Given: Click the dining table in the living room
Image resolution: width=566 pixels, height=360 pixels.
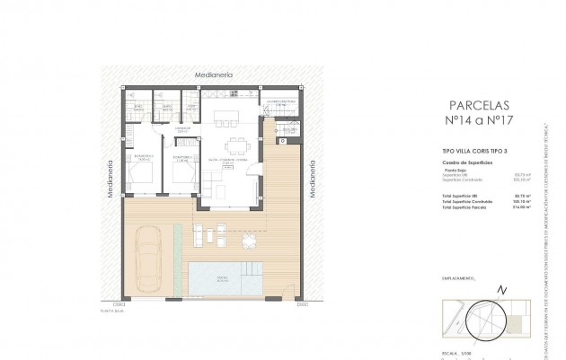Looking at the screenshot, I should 236,146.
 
